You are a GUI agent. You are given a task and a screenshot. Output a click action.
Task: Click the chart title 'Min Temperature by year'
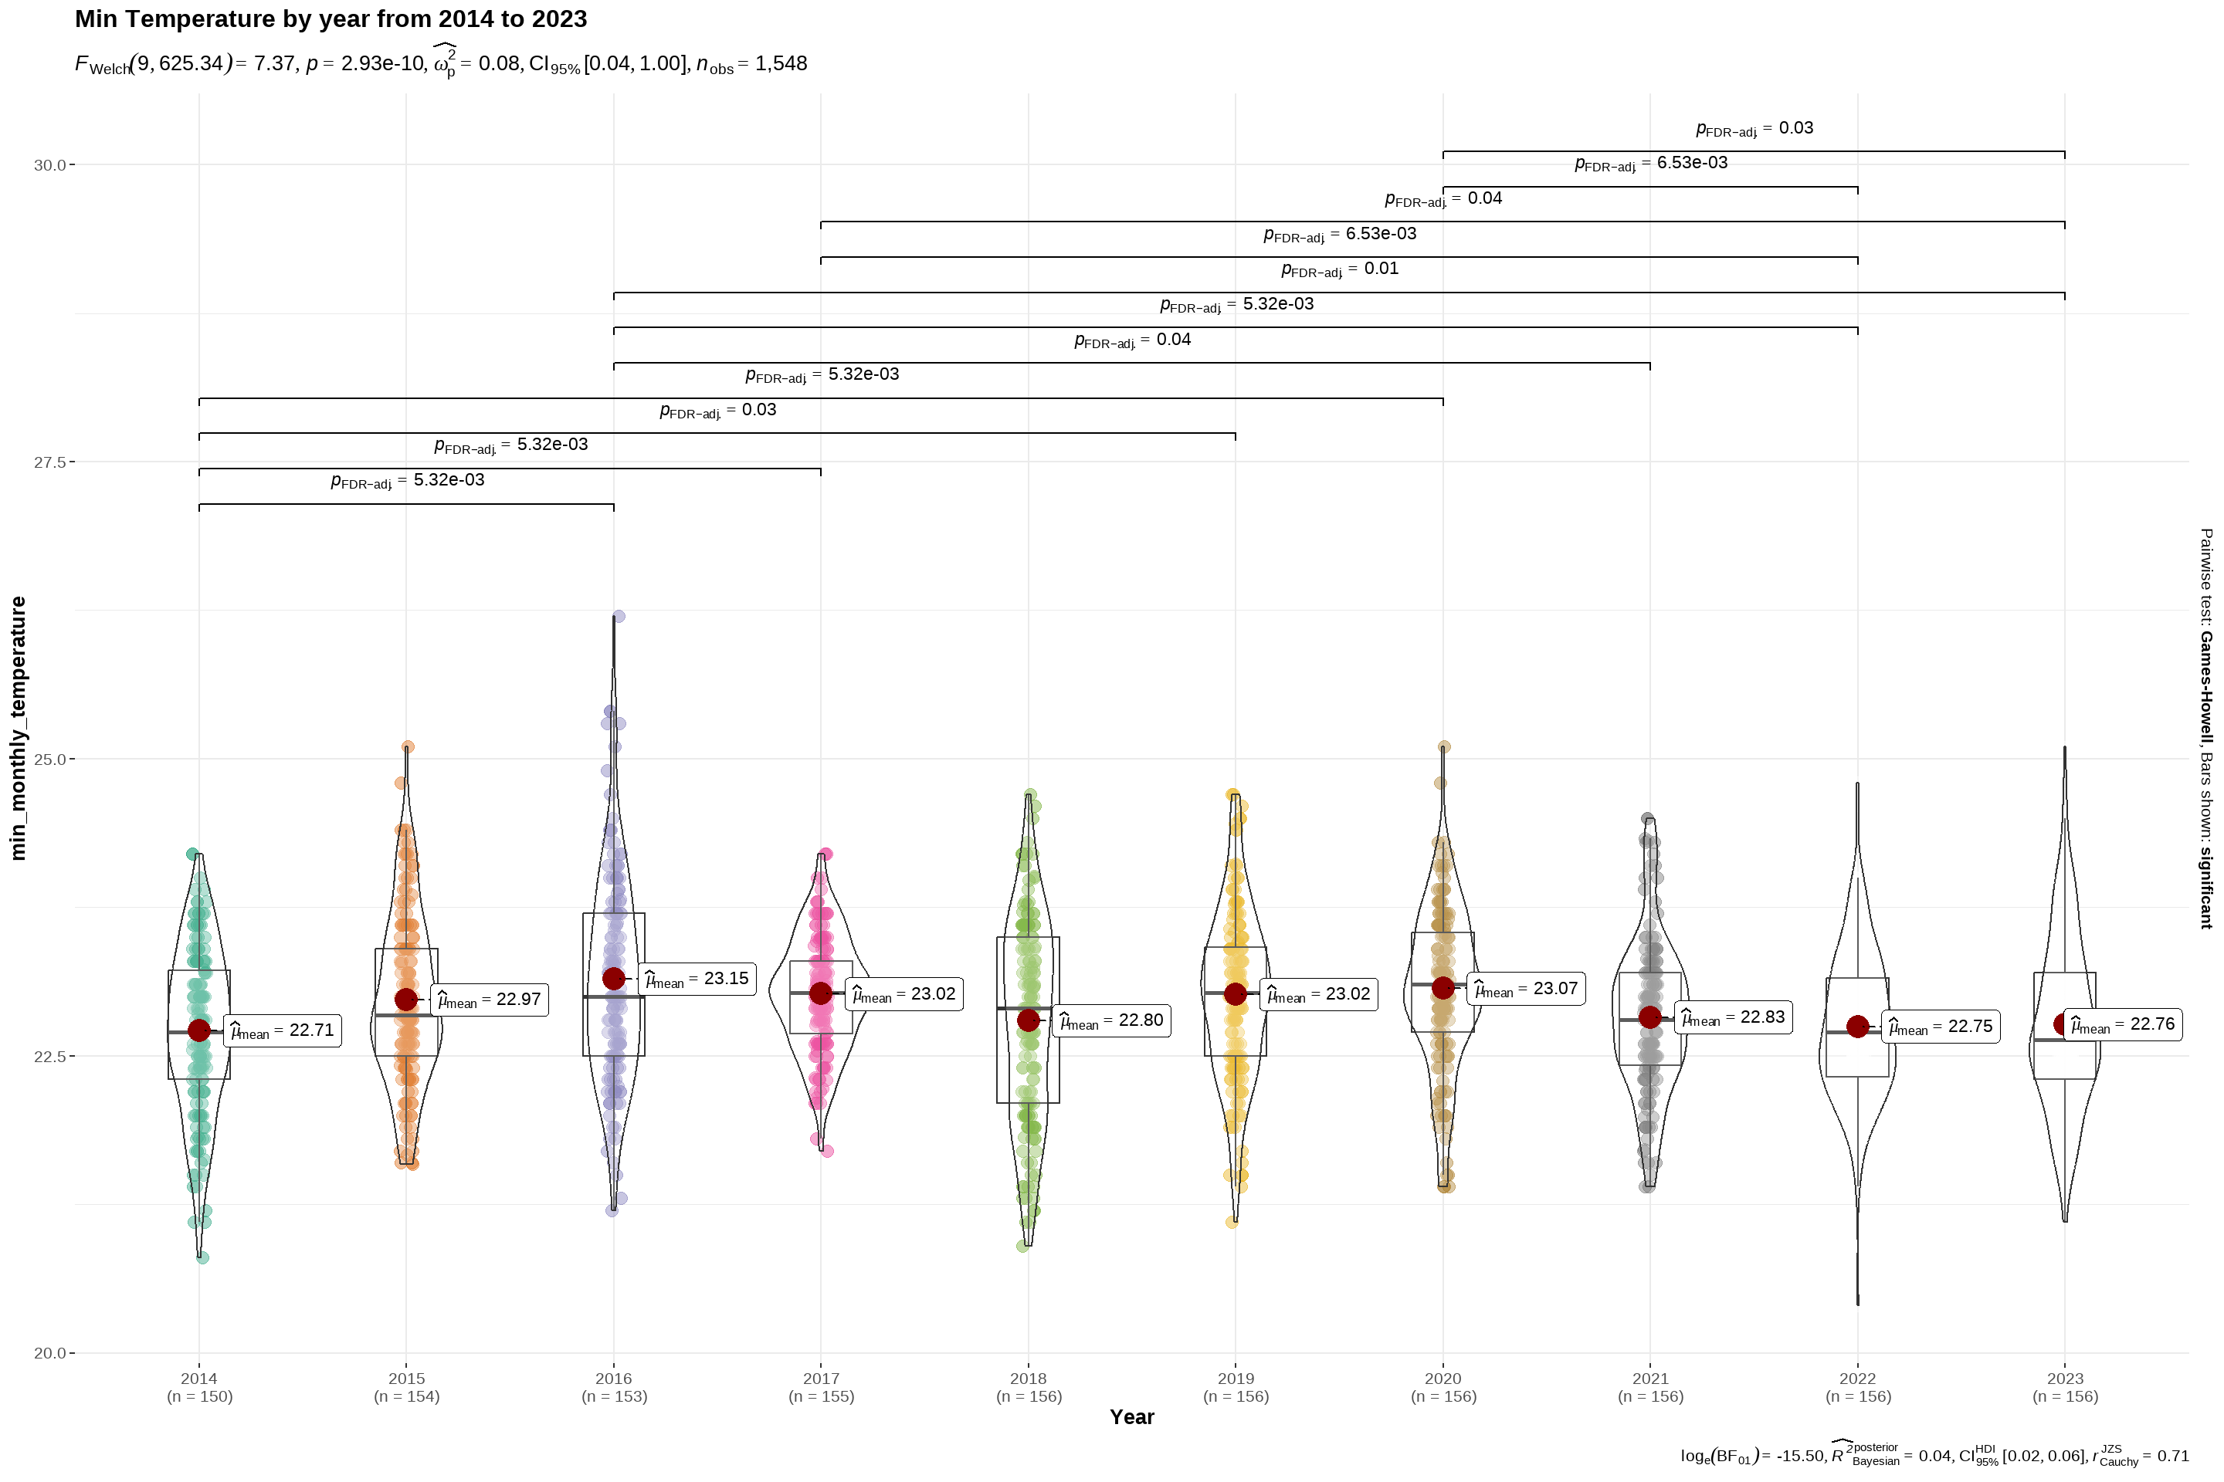tap(331, 19)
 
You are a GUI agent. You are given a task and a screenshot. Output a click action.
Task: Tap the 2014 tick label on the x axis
tap(198, 1379)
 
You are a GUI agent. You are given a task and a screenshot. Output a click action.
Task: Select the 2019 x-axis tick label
tap(1235, 1379)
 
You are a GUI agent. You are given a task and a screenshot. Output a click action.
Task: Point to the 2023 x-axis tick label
tap(2064, 1379)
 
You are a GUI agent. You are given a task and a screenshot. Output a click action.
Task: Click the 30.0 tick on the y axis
tap(49, 165)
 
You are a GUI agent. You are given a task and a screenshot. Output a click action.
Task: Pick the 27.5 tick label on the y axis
tap(49, 462)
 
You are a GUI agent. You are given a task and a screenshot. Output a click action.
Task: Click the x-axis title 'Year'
tap(1132, 1417)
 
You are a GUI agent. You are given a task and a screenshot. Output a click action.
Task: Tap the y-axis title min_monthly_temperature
tap(18, 728)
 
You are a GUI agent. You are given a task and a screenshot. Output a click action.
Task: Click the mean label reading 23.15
tap(697, 980)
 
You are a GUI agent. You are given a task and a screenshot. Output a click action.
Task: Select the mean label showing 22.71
tap(283, 1030)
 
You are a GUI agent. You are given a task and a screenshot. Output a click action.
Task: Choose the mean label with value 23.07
tap(1526, 989)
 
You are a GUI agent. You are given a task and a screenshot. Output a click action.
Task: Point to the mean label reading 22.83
tap(1733, 1017)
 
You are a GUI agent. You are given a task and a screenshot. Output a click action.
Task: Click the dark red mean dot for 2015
tap(407, 999)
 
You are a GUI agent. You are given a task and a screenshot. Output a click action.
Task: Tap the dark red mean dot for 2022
tap(1857, 1027)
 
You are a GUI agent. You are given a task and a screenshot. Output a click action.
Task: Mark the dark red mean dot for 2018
tap(1028, 1020)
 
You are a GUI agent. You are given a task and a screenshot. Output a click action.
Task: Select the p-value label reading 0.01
tap(1339, 269)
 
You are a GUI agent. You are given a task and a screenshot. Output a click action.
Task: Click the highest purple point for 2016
tap(619, 616)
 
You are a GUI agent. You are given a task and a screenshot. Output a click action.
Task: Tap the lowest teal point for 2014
tap(202, 1257)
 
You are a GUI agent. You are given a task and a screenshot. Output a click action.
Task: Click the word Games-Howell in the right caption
tap(2205, 687)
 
